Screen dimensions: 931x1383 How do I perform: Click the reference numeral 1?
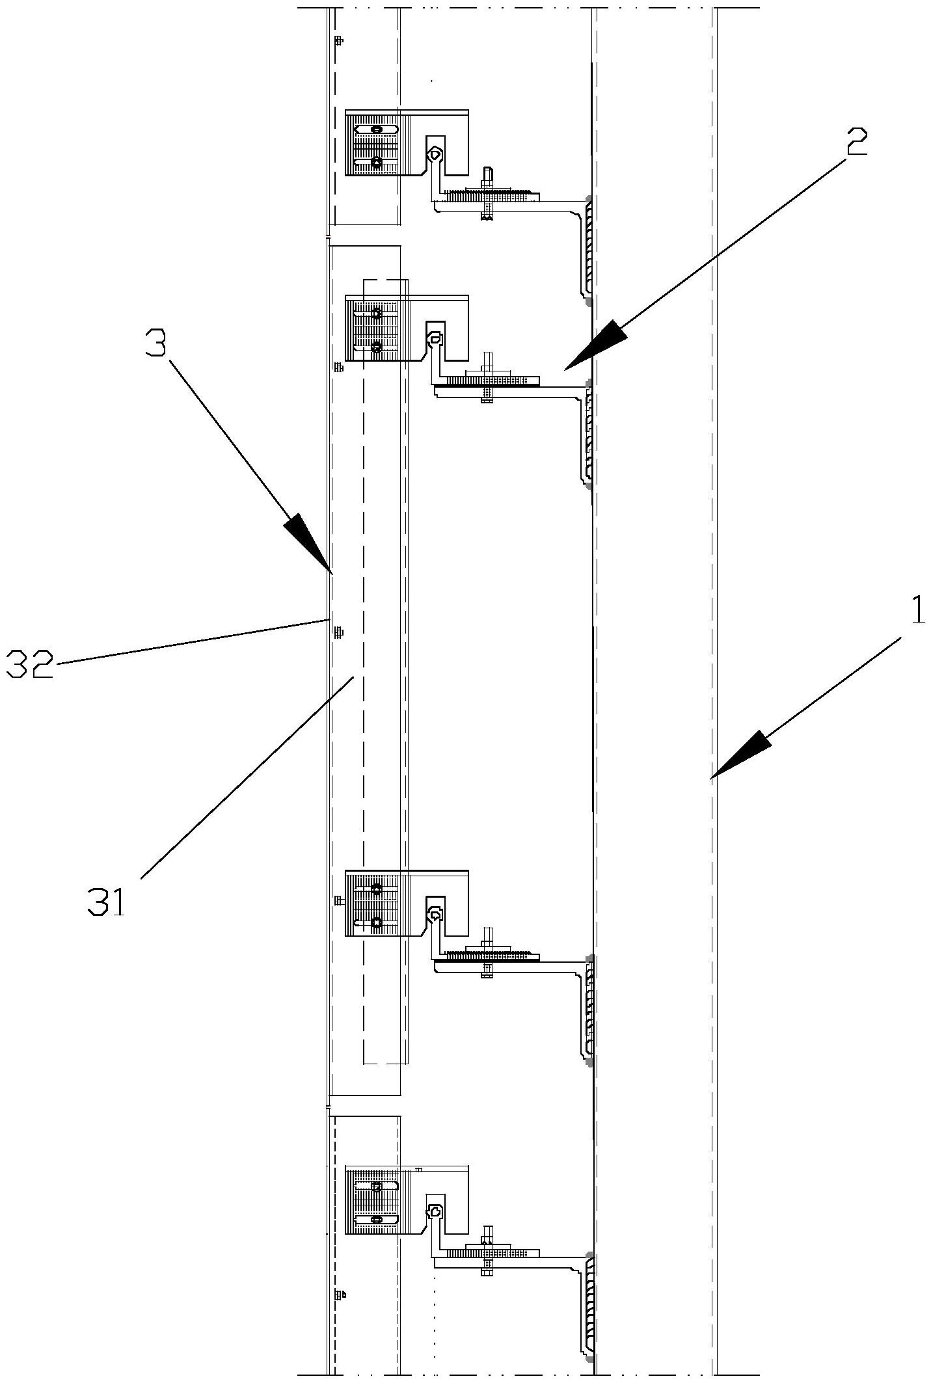[916, 611]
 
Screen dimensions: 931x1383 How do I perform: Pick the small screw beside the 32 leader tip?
[338, 632]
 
